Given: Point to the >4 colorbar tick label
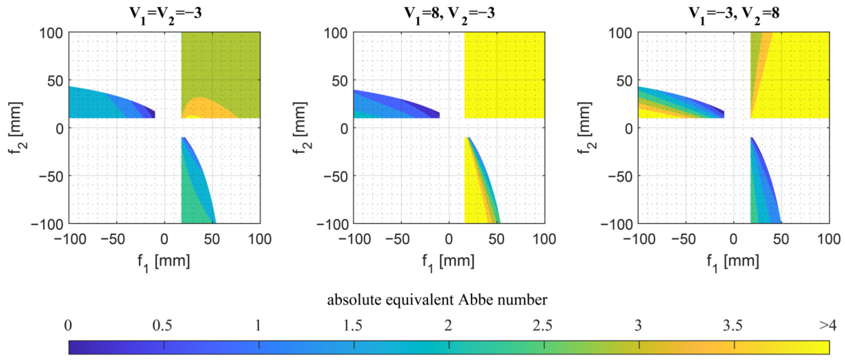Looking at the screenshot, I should (x=828, y=325).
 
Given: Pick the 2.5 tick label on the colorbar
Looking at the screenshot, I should (x=542, y=325).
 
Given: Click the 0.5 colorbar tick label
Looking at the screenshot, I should (x=162, y=325).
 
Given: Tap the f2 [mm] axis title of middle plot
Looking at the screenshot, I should (x=301, y=128).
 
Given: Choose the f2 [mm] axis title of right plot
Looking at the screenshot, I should (x=586, y=128).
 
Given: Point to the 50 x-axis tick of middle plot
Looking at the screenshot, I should (x=496, y=239).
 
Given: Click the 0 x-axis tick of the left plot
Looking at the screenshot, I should (x=164, y=239).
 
